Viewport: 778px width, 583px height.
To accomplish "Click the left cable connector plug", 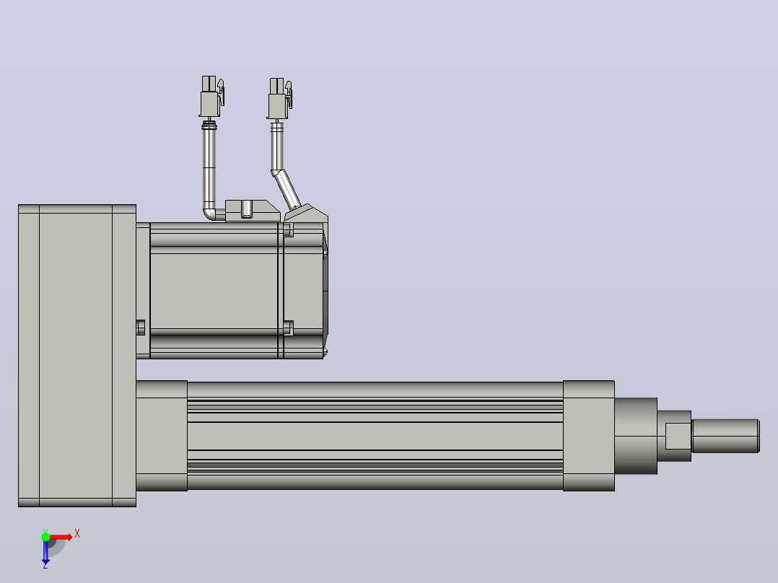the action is pyautogui.click(x=211, y=96).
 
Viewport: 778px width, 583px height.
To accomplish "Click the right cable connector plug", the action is pyautogui.click(x=279, y=98).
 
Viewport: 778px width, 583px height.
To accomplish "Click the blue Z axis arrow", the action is pyautogui.click(x=45, y=552).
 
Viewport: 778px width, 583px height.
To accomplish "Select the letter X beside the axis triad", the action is pyautogui.click(x=77, y=534).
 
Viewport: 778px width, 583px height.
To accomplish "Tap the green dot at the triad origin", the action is pyautogui.click(x=45, y=537).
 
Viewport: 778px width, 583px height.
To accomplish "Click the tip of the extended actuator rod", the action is pyautogui.click(x=759, y=436).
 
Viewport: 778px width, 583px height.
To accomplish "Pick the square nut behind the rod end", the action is pyautogui.click(x=678, y=436).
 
